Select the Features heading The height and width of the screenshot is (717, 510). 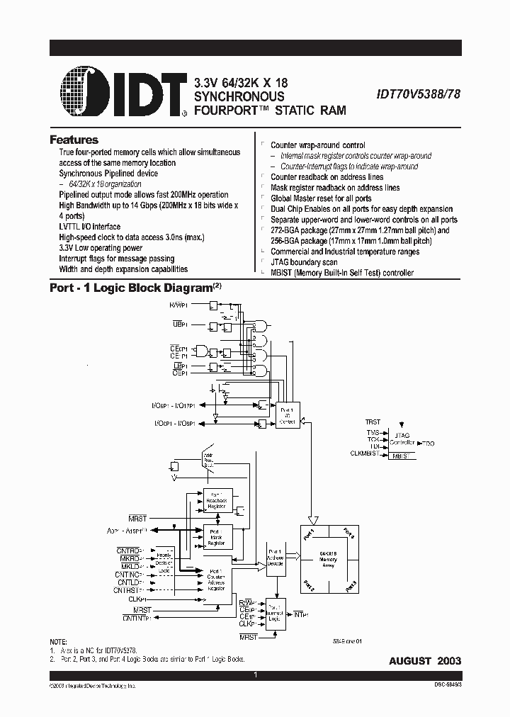(x=74, y=140)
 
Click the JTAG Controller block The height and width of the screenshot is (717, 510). (x=401, y=439)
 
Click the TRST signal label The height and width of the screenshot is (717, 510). (x=373, y=422)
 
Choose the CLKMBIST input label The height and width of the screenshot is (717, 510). (x=367, y=453)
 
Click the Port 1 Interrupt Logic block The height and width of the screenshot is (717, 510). (x=274, y=614)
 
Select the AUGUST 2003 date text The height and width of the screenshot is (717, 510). (x=425, y=660)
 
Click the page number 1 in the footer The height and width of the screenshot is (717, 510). (x=255, y=675)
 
